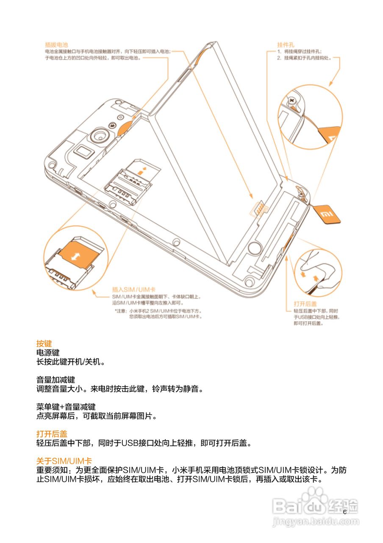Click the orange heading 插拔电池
pos(57,45)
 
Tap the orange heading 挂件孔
pos(286,45)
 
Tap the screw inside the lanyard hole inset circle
pos(291,101)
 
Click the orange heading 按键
pos(44,343)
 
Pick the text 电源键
pos(48,353)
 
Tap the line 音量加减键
pos(56,379)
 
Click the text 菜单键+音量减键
pos(66,406)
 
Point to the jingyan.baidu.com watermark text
pos(315,521)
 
